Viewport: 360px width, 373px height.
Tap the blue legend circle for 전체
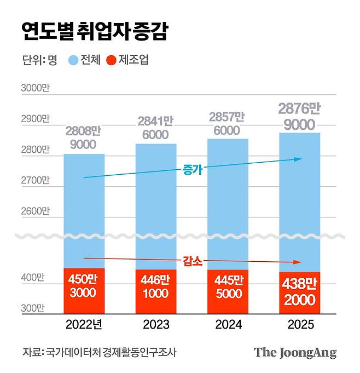(x=73, y=60)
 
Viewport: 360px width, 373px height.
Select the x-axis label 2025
(x=299, y=324)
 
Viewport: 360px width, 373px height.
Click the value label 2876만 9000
(x=299, y=116)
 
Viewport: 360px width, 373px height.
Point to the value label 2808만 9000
(x=84, y=137)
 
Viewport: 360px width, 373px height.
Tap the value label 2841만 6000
(x=156, y=128)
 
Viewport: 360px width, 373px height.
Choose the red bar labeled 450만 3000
(x=84, y=290)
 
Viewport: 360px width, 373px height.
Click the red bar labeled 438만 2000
(x=299, y=292)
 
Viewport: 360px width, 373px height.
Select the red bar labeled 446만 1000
(x=156, y=291)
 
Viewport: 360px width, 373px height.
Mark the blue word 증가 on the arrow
(x=193, y=170)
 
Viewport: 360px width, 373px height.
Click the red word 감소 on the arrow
(x=193, y=261)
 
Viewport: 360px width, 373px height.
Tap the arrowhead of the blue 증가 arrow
(x=298, y=159)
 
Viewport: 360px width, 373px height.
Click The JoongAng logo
(x=295, y=352)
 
